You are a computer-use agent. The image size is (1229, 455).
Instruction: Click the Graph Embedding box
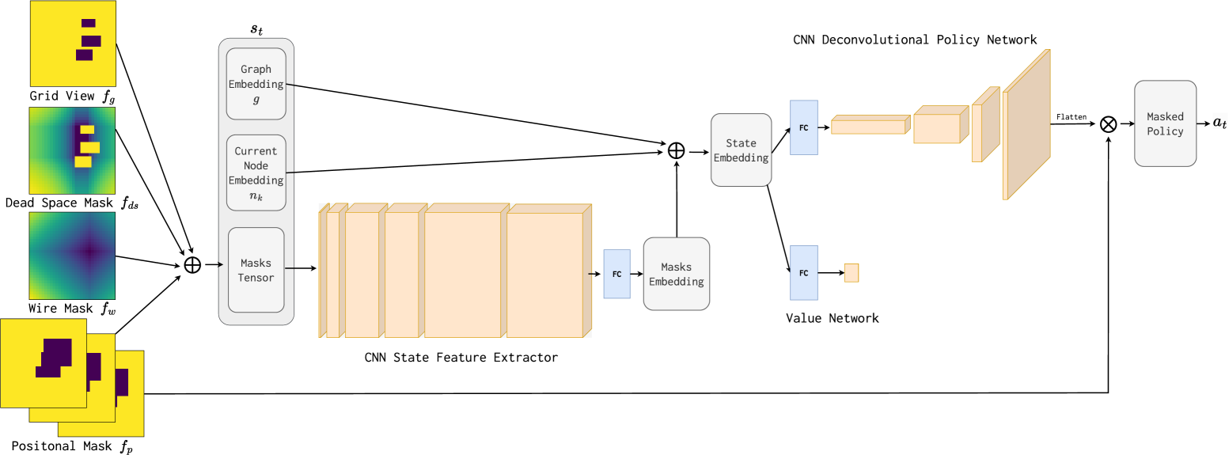[256, 83]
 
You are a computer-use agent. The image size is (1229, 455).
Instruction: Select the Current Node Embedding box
[256, 173]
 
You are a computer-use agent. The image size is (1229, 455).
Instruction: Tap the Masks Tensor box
[256, 270]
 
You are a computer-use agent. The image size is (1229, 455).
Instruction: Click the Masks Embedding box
[677, 274]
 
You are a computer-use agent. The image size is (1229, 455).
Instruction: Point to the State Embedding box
[741, 150]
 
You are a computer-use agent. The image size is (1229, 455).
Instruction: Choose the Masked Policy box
[1165, 123]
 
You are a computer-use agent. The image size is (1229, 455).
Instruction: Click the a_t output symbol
[1220, 123]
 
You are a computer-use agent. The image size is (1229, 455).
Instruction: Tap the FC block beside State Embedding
[803, 127]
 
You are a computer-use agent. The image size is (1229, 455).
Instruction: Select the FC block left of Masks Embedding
[616, 274]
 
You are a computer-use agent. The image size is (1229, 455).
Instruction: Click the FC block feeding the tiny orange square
[803, 273]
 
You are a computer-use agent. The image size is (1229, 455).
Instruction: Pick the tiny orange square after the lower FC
[852, 273]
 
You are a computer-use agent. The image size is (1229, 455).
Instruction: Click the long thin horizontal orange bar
[868, 127]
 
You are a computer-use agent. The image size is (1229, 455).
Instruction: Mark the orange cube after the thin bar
[938, 127]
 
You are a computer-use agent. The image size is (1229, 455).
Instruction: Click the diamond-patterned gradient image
[72, 256]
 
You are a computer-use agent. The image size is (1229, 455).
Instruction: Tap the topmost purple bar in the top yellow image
[88, 23]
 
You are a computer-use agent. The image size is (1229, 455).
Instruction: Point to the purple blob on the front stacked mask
[54, 357]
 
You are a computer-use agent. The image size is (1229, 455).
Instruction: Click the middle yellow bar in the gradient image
[89, 147]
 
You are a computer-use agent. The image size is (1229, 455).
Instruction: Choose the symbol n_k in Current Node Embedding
[256, 195]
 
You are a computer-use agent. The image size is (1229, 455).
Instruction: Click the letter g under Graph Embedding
[256, 99]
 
